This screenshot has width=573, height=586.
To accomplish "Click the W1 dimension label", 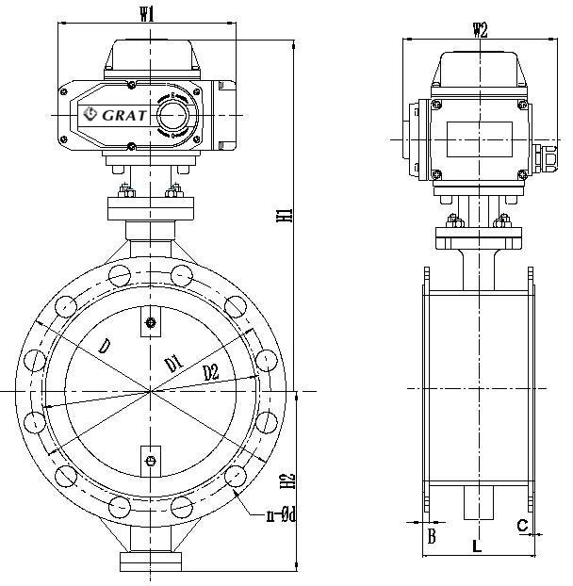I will (x=147, y=14).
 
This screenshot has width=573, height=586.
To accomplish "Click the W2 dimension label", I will (x=480, y=29).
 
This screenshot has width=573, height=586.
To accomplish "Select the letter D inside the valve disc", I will (x=105, y=348).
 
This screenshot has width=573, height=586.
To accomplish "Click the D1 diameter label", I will (x=172, y=363).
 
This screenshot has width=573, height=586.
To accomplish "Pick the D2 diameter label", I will (x=210, y=373).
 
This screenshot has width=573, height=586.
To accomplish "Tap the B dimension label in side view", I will (x=432, y=537).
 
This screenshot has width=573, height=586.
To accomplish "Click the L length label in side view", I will (x=477, y=545).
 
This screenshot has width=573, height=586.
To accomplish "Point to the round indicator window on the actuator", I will (x=172, y=115).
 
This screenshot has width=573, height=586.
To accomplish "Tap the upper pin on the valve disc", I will (x=150, y=325).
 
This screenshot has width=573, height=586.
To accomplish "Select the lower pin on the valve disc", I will (x=150, y=460).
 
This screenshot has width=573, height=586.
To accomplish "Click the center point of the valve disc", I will (x=150, y=390).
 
